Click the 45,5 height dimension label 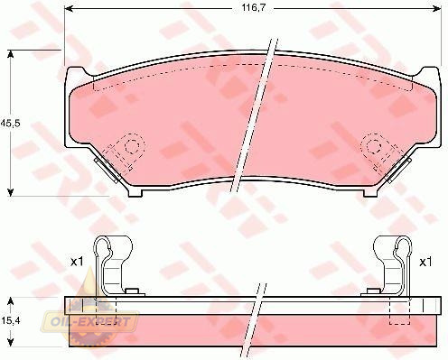pos(10,124)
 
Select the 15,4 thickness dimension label pos(10,321)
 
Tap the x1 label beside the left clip pos(77,262)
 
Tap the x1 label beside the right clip pos(425,262)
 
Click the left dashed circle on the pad pos(132,146)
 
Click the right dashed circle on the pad pos(372,146)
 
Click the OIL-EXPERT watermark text pos(89,322)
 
